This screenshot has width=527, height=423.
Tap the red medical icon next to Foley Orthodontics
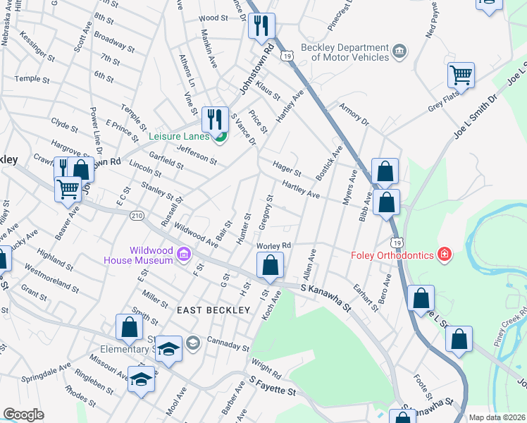coord(444,253)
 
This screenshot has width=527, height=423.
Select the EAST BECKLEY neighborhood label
coord(213,310)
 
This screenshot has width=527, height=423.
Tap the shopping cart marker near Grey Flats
coord(461,74)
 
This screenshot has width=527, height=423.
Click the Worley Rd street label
coord(274,245)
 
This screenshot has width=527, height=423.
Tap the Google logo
coord(23,415)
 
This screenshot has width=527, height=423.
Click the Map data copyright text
coord(496,417)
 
